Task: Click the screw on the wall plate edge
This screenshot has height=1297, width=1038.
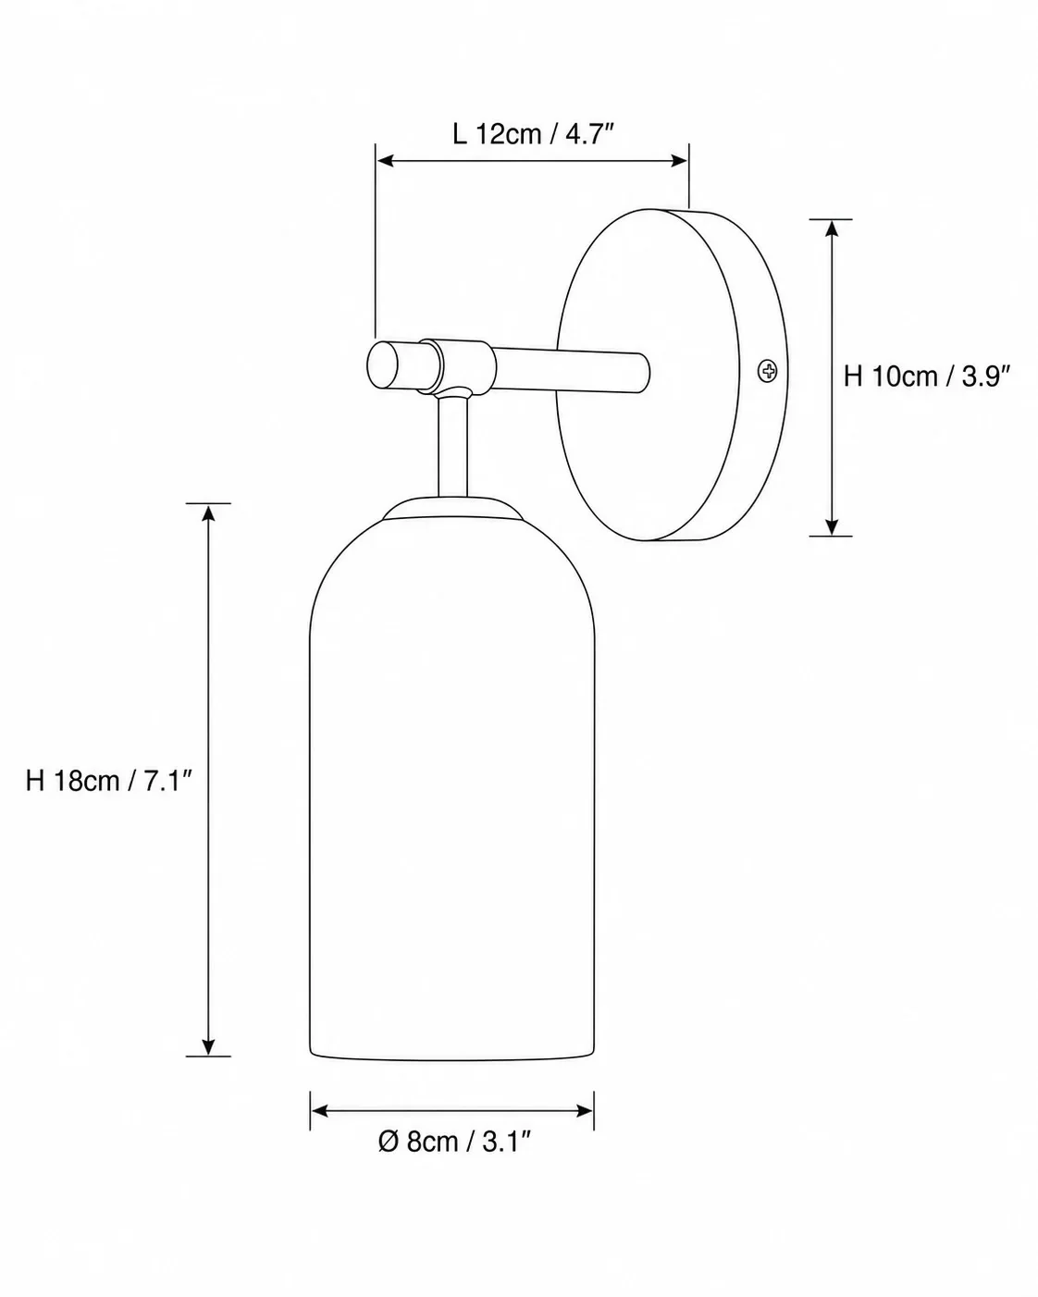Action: click(767, 371)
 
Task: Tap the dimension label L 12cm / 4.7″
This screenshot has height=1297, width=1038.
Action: click(533, 134)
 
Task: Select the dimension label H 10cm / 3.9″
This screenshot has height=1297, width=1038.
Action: click(926, 377)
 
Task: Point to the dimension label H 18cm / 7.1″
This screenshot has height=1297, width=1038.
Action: click(108, 781)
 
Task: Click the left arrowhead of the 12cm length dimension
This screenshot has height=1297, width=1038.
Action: click(385, 161)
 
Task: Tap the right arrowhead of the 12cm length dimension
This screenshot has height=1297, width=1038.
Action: click(679, 161)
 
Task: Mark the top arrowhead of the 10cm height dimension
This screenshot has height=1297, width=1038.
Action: click(832, 229)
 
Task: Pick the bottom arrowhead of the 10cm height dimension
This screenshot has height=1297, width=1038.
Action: click(832, 526)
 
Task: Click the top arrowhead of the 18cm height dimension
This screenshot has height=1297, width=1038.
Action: click(208, 513)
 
